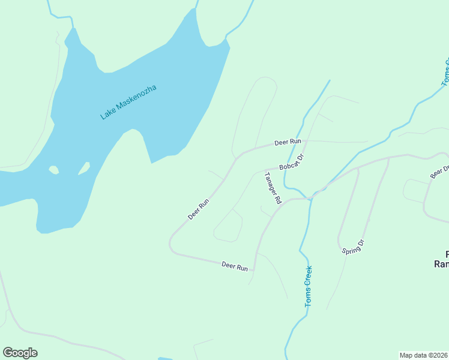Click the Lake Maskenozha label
tap(128, 102)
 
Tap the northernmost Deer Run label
tap(287, 142)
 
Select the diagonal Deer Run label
tap(198, 209)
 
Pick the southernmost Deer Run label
tap(235, 266)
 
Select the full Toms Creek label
tap(309, 287)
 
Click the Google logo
tap(20, 353)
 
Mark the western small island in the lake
tap(54, 170)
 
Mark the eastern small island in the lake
tap(84, 168)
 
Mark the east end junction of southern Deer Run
tap(255, 270)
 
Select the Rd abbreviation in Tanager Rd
tap(278, 200)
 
